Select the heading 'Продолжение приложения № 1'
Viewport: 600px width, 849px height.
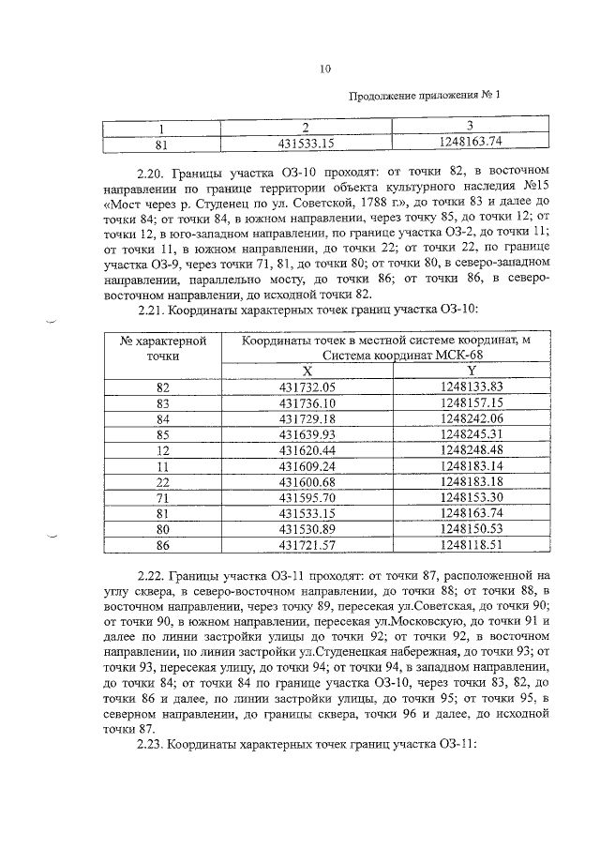click(x=424, y=96)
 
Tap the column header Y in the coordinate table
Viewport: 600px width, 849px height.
click(x=471, y=371)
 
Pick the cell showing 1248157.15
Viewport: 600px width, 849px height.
click(x=471, y=402)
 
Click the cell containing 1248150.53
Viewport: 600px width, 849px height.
click(x=471, y=530)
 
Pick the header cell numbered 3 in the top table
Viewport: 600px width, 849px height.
click(x=471, y=127)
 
